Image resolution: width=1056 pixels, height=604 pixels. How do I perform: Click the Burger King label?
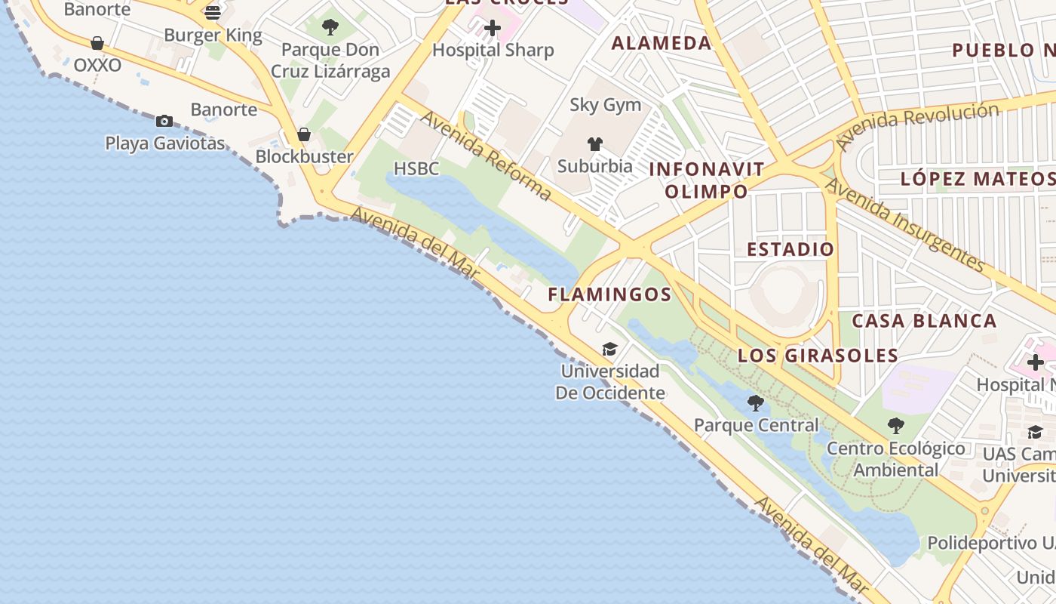(213, 35)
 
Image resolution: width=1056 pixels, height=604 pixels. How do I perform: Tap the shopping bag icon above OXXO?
(97, 43)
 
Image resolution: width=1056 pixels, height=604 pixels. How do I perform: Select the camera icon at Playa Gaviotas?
(164, 121)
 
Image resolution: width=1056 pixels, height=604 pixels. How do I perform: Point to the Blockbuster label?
(305, 157)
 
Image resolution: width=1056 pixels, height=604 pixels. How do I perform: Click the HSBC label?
(416, 168)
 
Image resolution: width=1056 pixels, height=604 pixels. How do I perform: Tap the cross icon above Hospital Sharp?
(493, 29)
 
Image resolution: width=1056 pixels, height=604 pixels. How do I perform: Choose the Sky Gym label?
(605, 105)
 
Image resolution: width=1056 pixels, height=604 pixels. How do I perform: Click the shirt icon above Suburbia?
(595, 144)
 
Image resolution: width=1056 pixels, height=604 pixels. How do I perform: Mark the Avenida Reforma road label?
(486, 156)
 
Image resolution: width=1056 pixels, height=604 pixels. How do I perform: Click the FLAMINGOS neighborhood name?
(609, 294)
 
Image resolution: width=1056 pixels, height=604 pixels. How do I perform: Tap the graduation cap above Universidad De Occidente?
(609, 349)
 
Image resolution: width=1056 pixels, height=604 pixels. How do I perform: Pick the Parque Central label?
(756, 425)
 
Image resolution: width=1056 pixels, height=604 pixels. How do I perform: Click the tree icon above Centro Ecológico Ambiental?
(896, 426)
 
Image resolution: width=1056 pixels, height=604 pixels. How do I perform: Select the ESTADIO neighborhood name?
(790, 249)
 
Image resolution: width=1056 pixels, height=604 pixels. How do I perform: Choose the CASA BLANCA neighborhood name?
(924, 321)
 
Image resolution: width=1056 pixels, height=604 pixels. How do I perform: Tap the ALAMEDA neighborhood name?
(661, 43)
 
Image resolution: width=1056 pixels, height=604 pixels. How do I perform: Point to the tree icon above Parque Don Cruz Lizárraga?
(330, 28)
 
